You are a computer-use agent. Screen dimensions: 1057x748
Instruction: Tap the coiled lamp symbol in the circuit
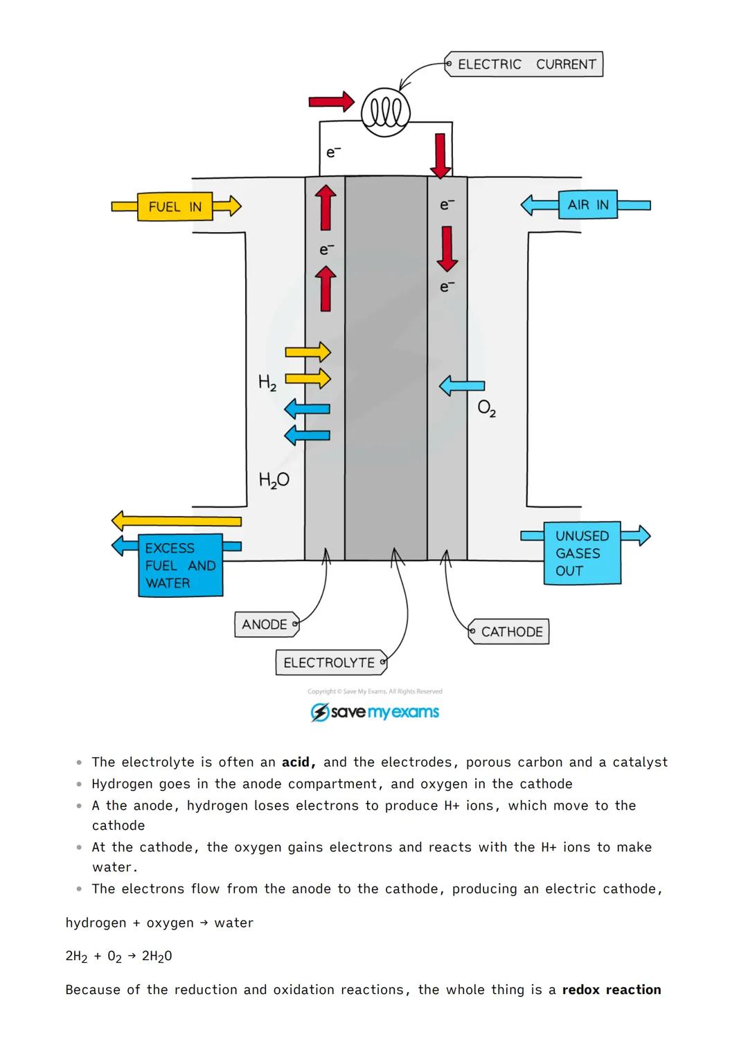[x=386, y=112]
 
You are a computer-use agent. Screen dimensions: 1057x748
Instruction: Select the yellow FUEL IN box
[x=175, y=206]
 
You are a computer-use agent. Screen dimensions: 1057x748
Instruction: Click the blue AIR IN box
[x=587, y=205]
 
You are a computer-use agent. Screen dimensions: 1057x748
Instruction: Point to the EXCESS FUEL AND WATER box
[x=180, y=565]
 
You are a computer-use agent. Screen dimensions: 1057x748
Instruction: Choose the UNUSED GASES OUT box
[x=582, y=553]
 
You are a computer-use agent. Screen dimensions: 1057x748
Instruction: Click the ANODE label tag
[x=265, y=625]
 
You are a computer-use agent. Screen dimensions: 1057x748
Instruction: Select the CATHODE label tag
[x=510, y=632]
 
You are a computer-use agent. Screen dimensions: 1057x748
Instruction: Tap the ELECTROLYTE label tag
[x=330, y=663]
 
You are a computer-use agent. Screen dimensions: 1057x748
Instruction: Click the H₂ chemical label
[x=267, y=382]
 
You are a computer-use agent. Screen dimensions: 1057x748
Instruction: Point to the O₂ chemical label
[x=487, y=409]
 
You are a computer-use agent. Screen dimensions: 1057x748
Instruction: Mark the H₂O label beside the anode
[x=274, y=480]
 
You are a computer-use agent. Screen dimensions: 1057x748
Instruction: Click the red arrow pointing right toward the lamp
[x=331, y=102]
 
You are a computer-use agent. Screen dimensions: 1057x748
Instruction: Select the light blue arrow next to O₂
[x=462, y=385]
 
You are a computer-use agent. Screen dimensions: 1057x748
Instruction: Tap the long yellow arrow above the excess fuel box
[x=177, y=521]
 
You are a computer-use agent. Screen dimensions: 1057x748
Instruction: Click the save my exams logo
[x=375, y=712]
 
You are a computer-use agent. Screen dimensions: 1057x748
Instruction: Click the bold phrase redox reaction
[x=611, y=990]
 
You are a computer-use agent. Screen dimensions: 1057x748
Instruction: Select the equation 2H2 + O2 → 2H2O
[x=118, y=957]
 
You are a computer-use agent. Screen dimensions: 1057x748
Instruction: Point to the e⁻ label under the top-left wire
[x=333, y=152]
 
